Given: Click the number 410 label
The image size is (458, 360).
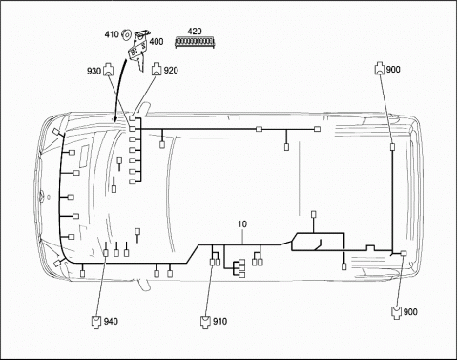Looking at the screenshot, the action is [x=112, y=34].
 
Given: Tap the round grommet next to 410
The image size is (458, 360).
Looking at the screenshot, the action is [x=127, y=34].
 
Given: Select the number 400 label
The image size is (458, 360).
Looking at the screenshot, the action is [x=156, y=42].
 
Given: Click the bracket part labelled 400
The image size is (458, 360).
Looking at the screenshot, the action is [x=139, y=49].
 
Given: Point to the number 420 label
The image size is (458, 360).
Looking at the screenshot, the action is [x=195, y=32].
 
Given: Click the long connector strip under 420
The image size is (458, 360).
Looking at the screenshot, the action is [x=195, y=42].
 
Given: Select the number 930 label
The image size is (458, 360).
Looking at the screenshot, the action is [x=94, y=71].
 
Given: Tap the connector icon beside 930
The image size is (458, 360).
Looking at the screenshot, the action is [x=109, y=70].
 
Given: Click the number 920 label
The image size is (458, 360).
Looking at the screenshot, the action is [x=171, y=71].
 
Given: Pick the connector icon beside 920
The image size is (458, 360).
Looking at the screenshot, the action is [x=156, y=69].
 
